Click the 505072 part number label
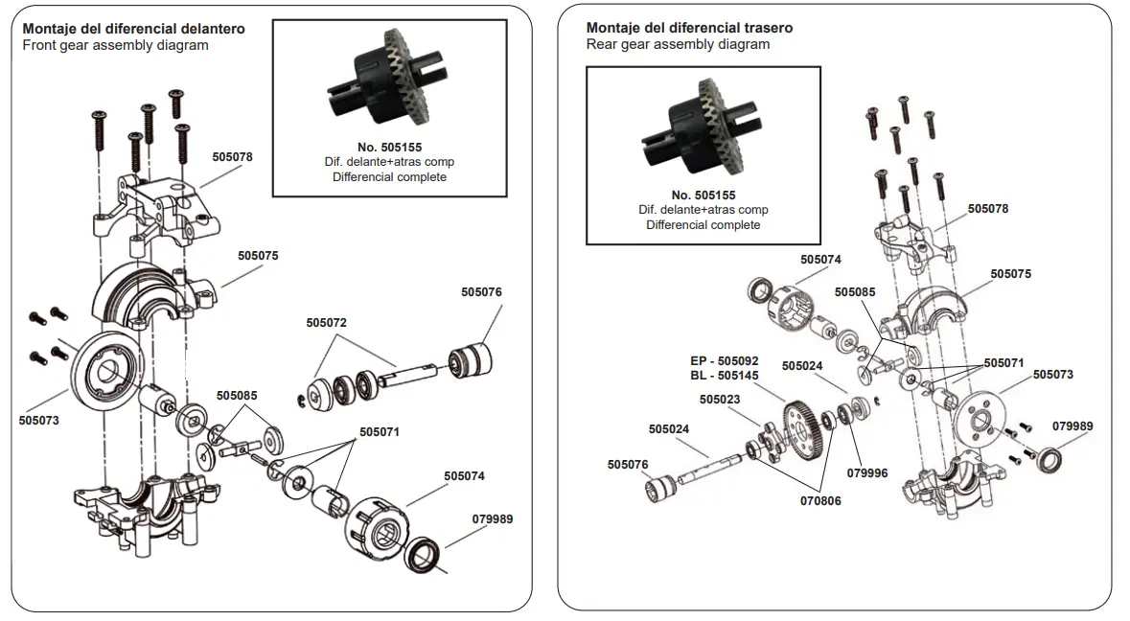click(327, 323)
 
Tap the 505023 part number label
click(720, 400)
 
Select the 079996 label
click(867, 472)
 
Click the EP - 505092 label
click(725, 361)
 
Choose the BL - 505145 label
click(725, 376)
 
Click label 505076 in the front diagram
click(481, 291)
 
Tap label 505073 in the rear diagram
click(1053, 375)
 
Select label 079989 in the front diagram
click(493, 518)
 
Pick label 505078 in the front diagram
click(233, 156)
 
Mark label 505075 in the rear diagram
click(1011, 273)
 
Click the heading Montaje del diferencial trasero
click(689, 28)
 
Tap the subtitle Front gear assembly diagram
click(115, 45)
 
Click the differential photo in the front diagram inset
click(388, 82)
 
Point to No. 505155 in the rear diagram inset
click(703, 195)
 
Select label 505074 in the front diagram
click(464, 475)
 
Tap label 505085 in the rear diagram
click(855, 291)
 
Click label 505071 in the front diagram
click(380, 432)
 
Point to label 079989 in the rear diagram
click(1072, 425)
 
